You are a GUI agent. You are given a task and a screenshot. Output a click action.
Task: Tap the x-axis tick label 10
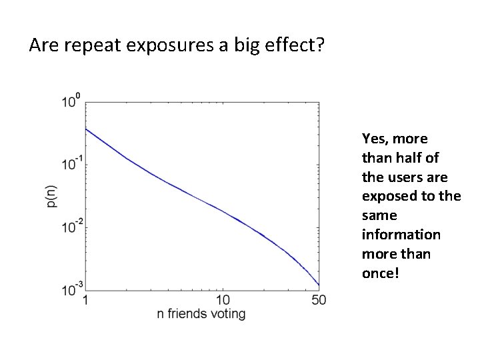pyautogui.click(x=223, y=301)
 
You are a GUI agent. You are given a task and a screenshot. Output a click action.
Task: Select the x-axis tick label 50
pyautogui.click(x=318, y=301)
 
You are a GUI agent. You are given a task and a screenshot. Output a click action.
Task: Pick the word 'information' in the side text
pyautogui.click(x=401, y=235)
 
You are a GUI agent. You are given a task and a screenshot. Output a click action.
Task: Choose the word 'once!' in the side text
pyautogui.click(x=380, y=273)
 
